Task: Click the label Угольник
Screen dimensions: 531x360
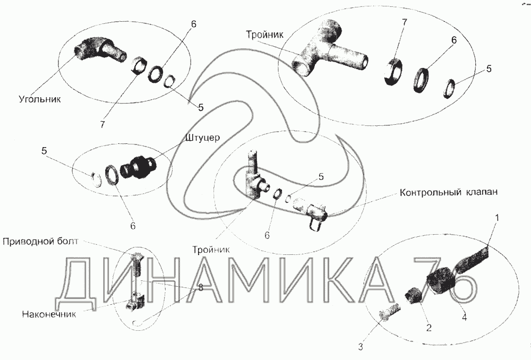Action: tap(40, 99)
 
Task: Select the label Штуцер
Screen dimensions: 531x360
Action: tap(202, 138)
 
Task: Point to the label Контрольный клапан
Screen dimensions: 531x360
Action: tap(449, 192)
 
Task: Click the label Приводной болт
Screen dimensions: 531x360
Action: tap(40, 241)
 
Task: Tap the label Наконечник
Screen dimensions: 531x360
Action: tap(49, 314)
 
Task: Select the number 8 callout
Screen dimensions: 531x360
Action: tap(201, 288)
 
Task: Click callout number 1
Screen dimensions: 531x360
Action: tap(497, 218)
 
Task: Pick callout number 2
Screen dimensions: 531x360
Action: tap(429, 328)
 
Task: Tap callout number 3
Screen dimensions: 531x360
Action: tap(361, 347)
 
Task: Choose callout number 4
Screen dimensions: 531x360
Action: tap(464, 318)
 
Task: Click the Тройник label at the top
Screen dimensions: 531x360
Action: tap(264, 35)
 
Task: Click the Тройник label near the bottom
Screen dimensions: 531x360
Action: tap(211, 250)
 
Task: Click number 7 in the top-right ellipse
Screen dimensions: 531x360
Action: tap(404, 22)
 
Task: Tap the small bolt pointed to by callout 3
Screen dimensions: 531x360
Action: tap(390, 311)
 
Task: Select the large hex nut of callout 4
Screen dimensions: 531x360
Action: tap(439, 279)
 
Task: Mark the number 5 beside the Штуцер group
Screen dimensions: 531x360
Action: tap(45, 151)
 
